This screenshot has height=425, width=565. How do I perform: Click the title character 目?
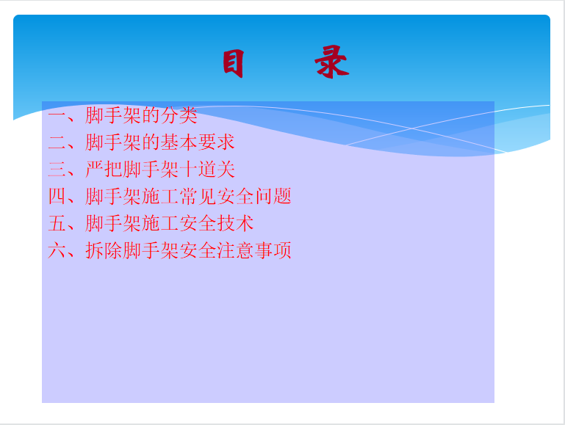pyautogui.click(x=234, y=63)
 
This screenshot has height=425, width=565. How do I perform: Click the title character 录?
pyautogui.click(x=332, y=62)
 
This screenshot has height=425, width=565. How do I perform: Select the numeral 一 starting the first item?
pyautogui.click(x=57, y=115)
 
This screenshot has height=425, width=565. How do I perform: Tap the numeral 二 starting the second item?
pyautogui.click(x=57, y=142)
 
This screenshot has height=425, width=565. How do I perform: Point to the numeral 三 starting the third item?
pyautogui.click(x=57, y=170)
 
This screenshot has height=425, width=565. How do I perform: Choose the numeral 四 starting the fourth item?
pyautogui.click(x=57, y=197)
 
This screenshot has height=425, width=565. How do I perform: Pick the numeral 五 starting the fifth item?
pyautogui.click(x=57, y=223)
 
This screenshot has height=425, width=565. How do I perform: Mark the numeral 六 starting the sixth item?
pyautogui.click(x=57, y=250)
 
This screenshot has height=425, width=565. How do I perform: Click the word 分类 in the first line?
pyautogui.click(x=179, y=115)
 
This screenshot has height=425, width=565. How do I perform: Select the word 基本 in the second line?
pyautogui.click(x=179, y=142)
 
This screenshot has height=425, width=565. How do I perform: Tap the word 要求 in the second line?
pyautogui.click(x=216, y=142)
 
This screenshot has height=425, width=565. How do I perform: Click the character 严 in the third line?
pyautogui.click(x=94, y=170)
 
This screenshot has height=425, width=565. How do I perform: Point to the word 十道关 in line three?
pyautogui.click(x=207, y=170)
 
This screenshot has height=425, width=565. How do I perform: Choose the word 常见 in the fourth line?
pyautogui.click(x=198, y=197)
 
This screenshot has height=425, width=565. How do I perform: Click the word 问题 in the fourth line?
pyautogui.click(x=273, y=197)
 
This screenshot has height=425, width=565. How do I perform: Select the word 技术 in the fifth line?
pyautogui.click(x=235, y=223)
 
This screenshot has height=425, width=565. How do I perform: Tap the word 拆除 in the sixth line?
pyautogui.click(x=104, y=250)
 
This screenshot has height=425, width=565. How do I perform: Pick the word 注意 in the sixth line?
pyautogui.click(x=235, y=250)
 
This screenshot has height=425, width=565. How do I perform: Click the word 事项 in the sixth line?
pyautogui.click(x=273, y=250)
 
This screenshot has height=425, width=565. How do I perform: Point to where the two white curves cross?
pyautogui.click(x=412, y=128)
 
